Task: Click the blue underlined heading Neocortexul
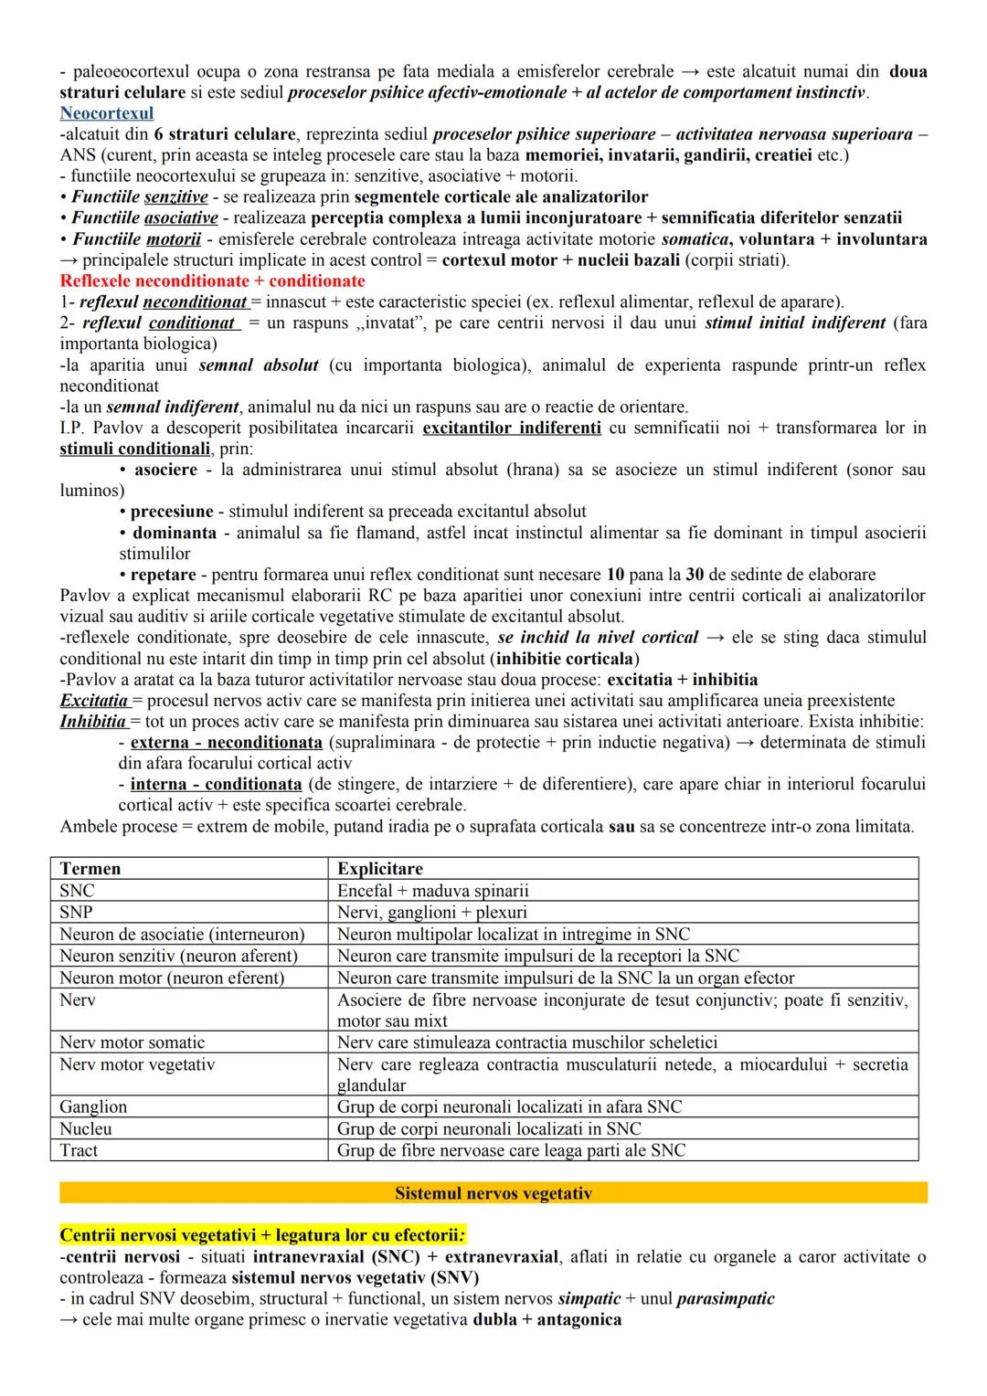point(106,113)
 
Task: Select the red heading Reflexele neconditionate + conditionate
point(212,281)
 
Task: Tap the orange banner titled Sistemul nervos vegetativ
point(493,1193)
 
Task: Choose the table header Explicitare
point(379,869)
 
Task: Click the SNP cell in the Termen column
point(76,912)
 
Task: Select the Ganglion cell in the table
point(93,1107)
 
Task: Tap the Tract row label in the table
point(79,1151)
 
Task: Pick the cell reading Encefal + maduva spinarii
point(432,891)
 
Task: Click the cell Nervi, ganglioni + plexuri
point(431,912)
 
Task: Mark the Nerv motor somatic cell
point(132,1042)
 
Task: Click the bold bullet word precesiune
point(172,512)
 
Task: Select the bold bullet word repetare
point(163,575)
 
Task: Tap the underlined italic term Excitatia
point(93,701)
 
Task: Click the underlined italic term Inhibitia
point(92,722)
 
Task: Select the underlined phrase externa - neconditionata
point(226,743)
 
